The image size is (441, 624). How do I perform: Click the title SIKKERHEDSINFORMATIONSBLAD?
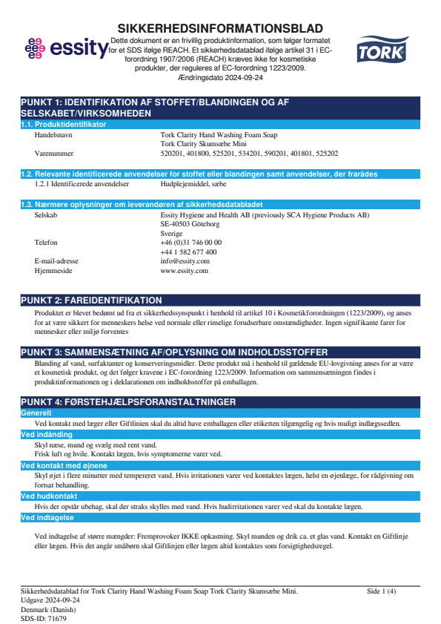pos(220,27)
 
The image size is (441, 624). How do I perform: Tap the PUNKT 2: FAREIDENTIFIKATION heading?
pos(91,300)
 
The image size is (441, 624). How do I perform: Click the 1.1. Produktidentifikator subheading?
pos(63,125)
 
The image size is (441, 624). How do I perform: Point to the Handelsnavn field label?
pos(55,135)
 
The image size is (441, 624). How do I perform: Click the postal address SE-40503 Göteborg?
pos(190,223)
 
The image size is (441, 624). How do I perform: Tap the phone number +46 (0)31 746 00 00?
pos(190,242)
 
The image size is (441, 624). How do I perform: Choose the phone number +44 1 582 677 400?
pos(188,252)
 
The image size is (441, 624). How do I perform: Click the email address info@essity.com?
pos(185,261)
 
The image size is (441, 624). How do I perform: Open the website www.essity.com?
pos(184,271)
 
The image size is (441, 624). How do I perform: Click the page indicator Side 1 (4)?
pos(381,591)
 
